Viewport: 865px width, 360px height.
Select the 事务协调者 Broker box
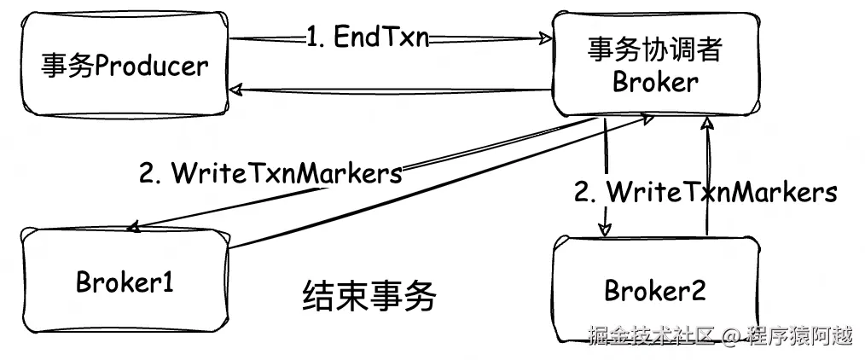[654, 65]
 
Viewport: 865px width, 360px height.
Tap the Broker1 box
[125, 282]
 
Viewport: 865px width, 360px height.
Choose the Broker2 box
[654, 290]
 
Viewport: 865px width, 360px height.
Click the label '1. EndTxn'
[368, 38]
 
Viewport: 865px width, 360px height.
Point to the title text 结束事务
[369, 296]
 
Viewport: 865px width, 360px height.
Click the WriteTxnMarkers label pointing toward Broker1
[270, 173]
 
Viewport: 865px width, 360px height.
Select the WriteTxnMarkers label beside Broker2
[705, 191]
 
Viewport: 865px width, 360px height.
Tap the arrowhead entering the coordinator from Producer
[547, 38]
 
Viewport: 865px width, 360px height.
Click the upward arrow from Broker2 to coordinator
[706, 179]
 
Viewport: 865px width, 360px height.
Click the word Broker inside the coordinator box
[655, 82]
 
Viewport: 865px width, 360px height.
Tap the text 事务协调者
[655, 50]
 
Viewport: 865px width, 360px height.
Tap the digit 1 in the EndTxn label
[311, 38]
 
